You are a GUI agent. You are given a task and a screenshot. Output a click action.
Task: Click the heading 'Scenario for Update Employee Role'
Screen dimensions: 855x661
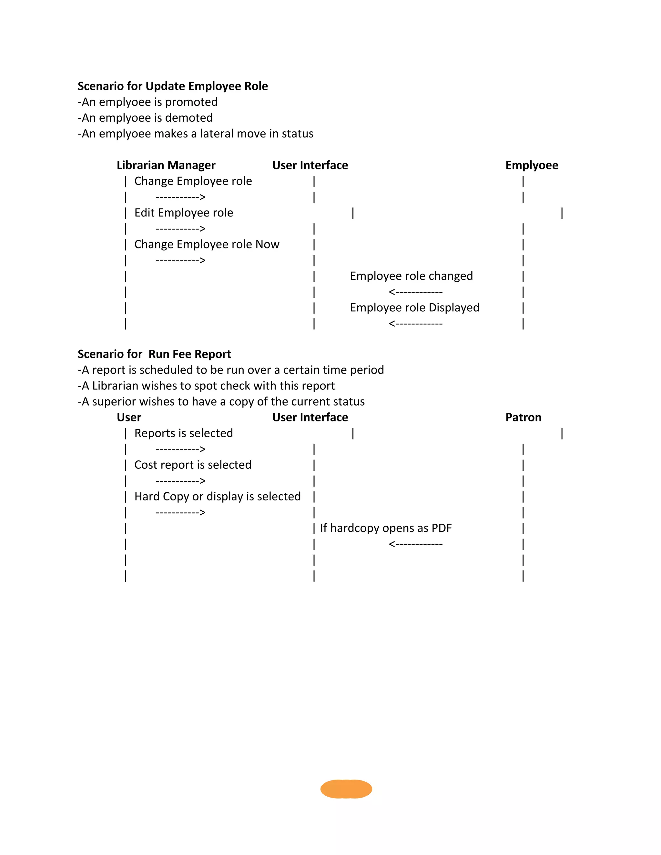click(173, 86)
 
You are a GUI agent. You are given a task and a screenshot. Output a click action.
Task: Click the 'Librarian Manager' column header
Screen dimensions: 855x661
click(166, 165)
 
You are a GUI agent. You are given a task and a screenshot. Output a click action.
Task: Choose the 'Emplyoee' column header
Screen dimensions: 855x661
click(531, 165)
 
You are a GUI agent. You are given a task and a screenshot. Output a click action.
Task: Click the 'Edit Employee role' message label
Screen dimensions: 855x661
click(184, 213)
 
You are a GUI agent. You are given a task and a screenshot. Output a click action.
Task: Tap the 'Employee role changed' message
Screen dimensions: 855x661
click(411, 276)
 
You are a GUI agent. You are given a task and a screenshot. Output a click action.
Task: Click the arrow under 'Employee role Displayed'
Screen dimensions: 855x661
click(415, 324)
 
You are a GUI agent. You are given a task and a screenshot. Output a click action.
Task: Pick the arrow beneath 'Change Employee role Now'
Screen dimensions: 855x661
click(180, 260)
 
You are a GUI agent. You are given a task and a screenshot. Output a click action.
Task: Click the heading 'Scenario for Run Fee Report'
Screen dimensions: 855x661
click(154, 354)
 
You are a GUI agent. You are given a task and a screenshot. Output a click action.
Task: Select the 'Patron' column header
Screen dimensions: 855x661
click(523, 417)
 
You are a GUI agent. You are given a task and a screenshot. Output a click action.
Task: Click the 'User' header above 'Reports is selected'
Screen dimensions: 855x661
click(129, 417)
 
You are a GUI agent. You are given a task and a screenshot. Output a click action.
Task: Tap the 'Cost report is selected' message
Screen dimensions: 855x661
click(193, 465)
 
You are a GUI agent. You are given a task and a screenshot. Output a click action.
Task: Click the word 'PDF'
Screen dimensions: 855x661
click(441, 528)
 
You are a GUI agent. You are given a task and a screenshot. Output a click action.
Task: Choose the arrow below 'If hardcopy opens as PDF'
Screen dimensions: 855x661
click(415, 544)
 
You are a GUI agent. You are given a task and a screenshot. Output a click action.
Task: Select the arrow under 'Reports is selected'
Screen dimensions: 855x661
click(180, 449)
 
